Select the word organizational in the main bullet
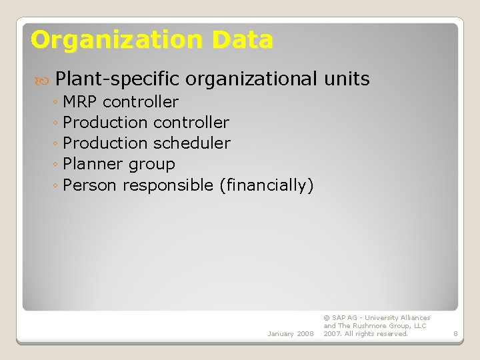(x=252, y=79)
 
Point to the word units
(x=347, y=79)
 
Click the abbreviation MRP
(x=81, y=102)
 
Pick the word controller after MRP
(x=141, y=102)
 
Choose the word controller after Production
(x=191, y=123)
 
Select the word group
(x=152, y=165)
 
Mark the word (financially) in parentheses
(x=266, y=185)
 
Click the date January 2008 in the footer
(x=290, y=333)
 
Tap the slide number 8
(x=455, y=333)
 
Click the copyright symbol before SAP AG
(x=327, y=318)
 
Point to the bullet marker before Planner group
(x=57, y=165)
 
